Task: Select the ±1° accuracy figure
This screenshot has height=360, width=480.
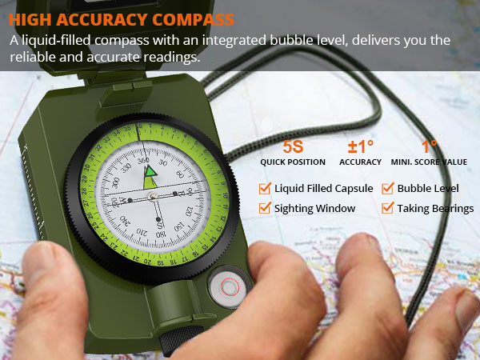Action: click(360, 147)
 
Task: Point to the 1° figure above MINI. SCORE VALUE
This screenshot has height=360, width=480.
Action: click(430, 147)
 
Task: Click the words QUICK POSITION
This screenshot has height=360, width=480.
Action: click(294, 162)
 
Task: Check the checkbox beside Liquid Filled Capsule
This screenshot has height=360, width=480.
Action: click(265, 189)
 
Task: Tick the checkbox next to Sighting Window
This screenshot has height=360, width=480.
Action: click(265, 208)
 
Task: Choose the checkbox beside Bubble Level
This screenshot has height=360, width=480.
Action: click(388, 189)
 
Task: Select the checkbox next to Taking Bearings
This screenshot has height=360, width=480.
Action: click(388, 208)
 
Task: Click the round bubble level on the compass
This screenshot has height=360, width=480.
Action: click(228, 286)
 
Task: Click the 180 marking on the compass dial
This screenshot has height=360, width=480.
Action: click(161, 230)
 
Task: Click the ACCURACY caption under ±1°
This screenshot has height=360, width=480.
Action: click(360, 162)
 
